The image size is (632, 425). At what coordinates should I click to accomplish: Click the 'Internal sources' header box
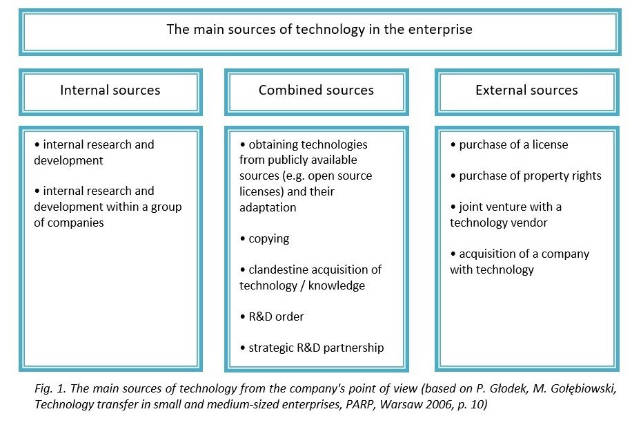[x=110, y=92]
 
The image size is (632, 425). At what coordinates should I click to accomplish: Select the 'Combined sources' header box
[x=317, y=92]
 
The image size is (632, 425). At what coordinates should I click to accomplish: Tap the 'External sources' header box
[x=527, y=92]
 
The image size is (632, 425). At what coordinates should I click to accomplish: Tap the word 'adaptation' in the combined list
[x=268, y=207]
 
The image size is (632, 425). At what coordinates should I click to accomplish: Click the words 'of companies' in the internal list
[x=69, y=223]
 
